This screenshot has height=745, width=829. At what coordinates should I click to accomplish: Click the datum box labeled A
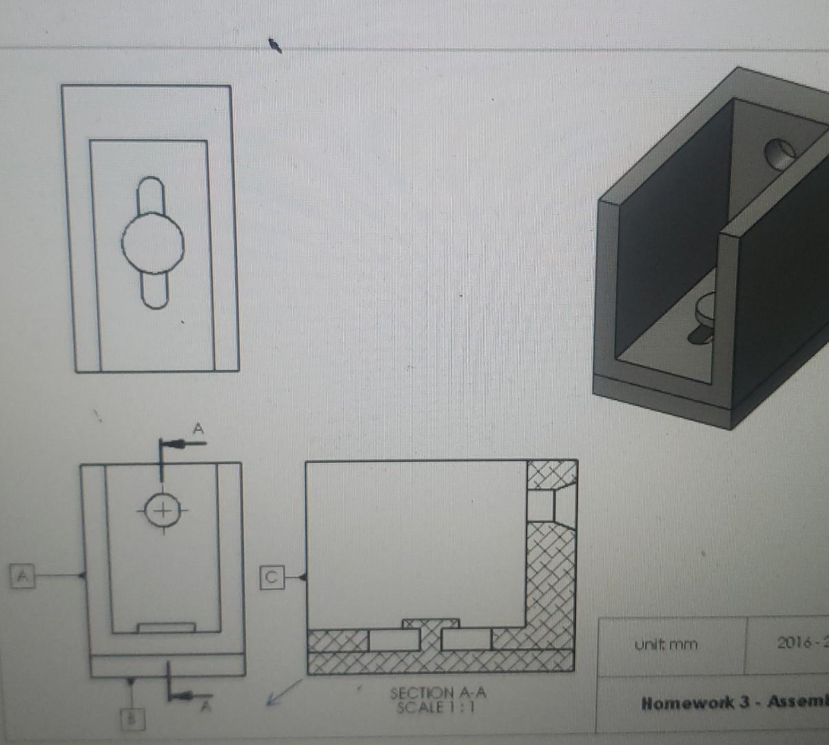[23, 575]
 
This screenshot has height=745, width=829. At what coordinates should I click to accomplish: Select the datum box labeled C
[272, 577]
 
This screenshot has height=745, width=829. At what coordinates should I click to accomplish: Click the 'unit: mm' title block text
[666, 644]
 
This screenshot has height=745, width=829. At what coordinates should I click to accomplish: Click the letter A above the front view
[198, 428]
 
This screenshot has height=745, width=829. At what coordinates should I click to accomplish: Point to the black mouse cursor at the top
[275, 46]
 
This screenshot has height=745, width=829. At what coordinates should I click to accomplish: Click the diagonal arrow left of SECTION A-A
[283, 693]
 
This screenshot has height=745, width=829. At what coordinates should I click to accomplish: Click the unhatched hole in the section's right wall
[541, 506]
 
